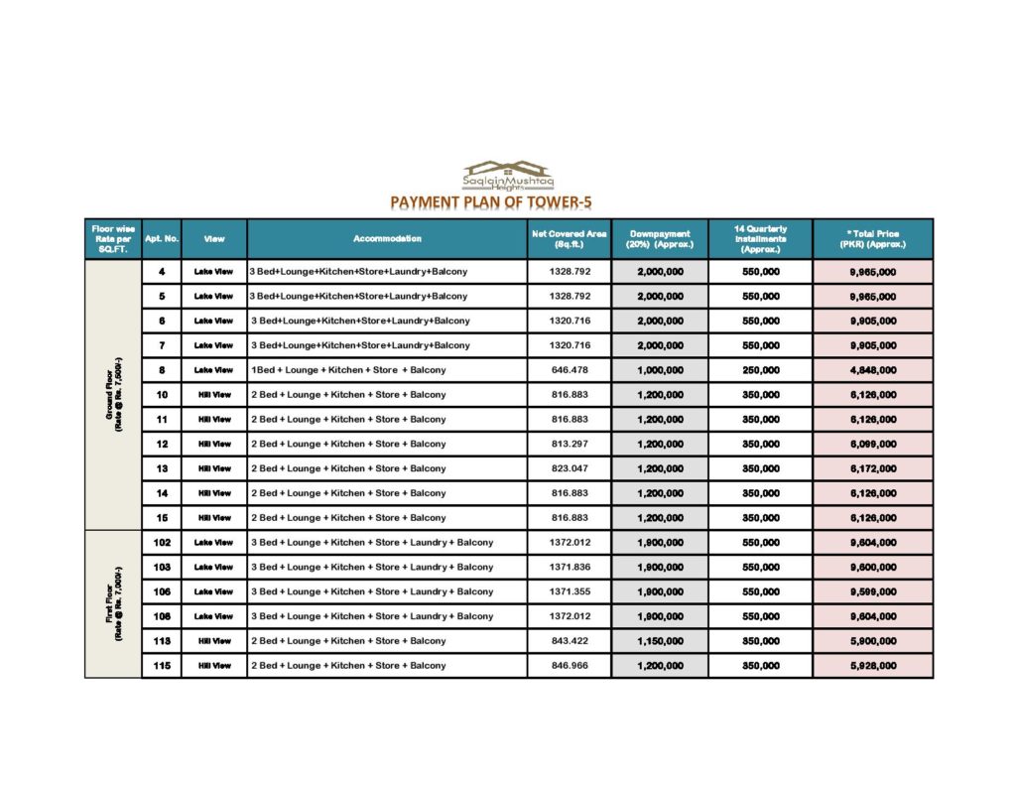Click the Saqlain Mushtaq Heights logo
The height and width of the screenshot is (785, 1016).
point(510,176)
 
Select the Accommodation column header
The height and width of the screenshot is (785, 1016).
point(387,239)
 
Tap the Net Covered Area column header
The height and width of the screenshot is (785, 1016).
point(570,239)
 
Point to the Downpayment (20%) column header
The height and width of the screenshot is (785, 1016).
point(660,239)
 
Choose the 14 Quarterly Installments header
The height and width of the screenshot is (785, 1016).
point(761,239)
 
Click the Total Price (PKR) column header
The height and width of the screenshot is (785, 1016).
point(873,239)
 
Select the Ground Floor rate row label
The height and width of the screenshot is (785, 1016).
point(114,395)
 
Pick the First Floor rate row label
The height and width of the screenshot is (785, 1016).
point(114,604)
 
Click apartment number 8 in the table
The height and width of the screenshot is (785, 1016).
point(162,370)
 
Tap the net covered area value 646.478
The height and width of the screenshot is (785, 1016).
point(570,370)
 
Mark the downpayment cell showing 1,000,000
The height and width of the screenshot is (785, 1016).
point(660,370)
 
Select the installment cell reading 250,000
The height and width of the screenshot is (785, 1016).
point(761,370)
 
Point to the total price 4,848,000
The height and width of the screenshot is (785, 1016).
point(873,370)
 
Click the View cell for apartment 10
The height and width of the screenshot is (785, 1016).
point(213,395)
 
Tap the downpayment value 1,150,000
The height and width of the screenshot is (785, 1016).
point(660,641)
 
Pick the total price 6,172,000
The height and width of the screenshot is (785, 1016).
point(873,468)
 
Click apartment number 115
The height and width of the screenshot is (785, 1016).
point(162,666)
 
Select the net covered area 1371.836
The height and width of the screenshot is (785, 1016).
point(570,568)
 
